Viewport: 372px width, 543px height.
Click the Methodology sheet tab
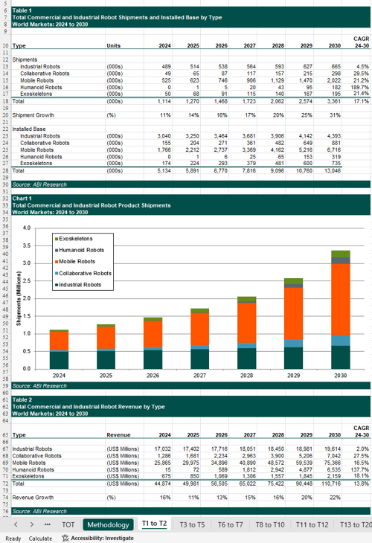[x=108, y=524]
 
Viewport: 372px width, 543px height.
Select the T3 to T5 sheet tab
[x=192, y=524]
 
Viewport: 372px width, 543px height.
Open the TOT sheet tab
[x=68, y=524]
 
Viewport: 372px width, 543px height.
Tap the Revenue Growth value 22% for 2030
[x=335, y=497]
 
